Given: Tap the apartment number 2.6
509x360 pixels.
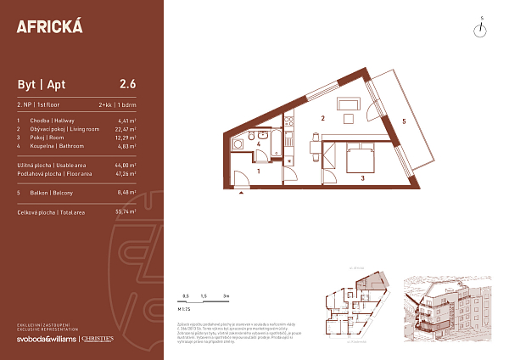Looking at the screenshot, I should pyautogui.click(x=128, y=83).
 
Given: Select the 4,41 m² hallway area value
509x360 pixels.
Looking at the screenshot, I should pyautogui.click(x=126, y=121).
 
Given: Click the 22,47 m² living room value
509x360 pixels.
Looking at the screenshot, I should pyautogui.click(x=125, y=129).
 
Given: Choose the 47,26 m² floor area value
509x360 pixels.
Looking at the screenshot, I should pyautogui.click(x=125, y=173).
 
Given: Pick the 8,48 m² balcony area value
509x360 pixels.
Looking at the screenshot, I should pyautogui.click(x=126, y=192).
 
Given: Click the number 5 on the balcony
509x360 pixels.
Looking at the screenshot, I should pyautogui.click(x=404, y=122).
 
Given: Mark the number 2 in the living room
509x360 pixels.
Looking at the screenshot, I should pyautogui.click(x=323, y=119).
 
